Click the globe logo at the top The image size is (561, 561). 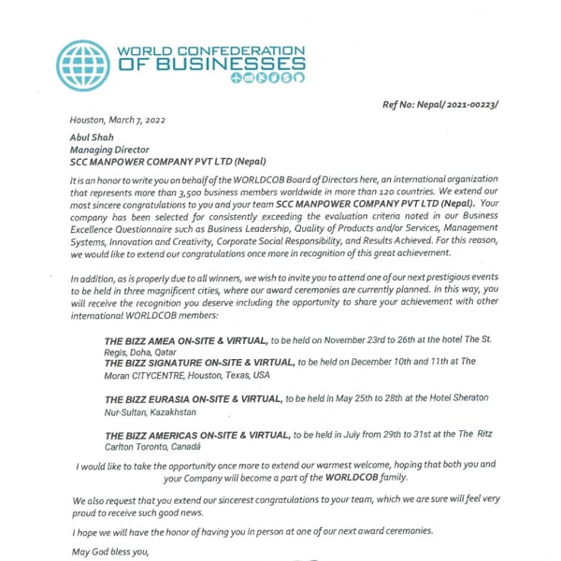point(83,65)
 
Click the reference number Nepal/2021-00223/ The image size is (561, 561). point(439,104)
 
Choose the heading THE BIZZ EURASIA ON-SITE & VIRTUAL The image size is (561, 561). point(194,398)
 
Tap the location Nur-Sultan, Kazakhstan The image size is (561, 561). point(151,411)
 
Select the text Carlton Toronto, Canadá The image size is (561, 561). point(158,448)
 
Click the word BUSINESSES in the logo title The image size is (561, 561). point(224,65)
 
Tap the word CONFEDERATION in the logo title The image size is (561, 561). point(244,50)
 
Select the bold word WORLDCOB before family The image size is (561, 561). point(347,477)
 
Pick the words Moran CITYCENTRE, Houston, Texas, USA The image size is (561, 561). point(187,374)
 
